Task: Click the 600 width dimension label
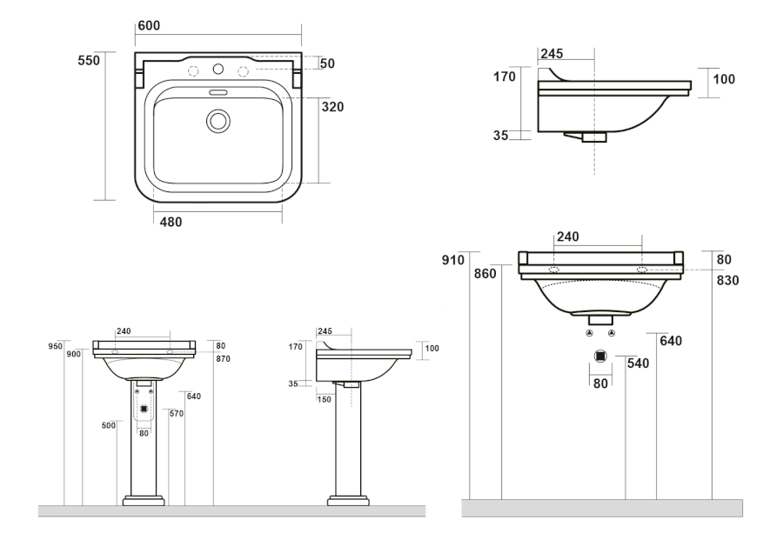(x=149, y=27)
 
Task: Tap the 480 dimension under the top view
(x=171, y=222)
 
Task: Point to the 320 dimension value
(x=332, y=107)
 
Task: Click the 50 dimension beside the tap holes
(x=327, y=64)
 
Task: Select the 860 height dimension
(x=485, y=273)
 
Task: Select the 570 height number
(x=176, y=413)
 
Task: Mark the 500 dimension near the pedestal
(x=108, y=425)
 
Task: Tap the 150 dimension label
(x=325, y=399)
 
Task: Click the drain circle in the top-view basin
(x=217, y=120)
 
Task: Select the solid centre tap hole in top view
(x=217, y=69)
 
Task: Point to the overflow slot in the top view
(x=217, y=90)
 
